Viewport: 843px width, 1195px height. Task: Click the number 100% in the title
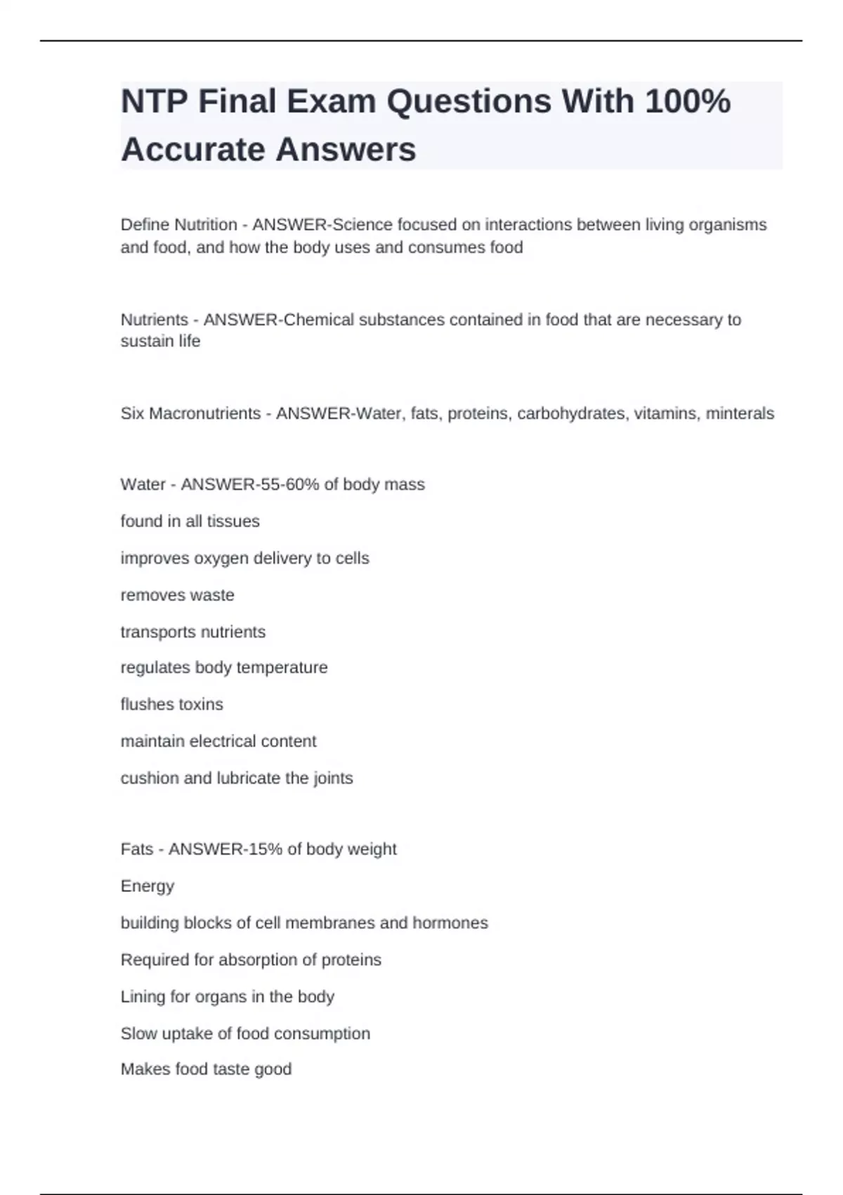[687, 102]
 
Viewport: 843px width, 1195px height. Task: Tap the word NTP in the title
[154, 102]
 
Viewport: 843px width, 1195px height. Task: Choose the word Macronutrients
[204, 413]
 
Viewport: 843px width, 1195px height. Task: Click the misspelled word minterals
[740, 413]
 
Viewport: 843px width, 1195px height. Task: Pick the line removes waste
[177, 595]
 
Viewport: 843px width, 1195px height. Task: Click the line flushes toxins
[171, 704]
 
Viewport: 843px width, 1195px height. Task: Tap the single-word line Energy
[147, 886]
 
